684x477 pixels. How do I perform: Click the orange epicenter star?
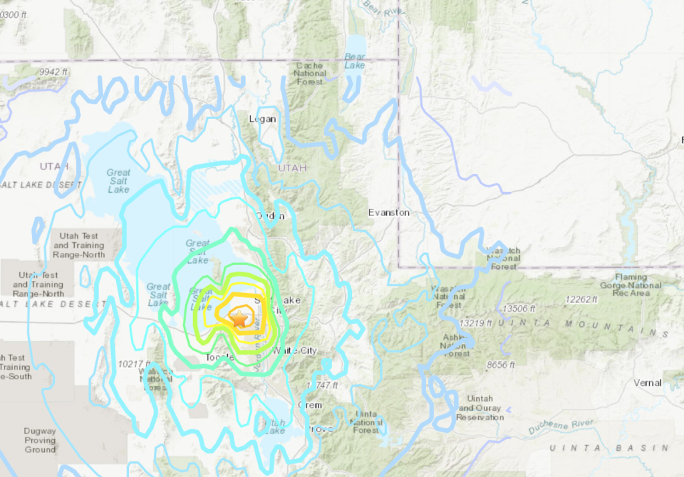pos(239,318)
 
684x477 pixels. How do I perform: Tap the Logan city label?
pos(262,119)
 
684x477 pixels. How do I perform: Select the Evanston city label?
pos(389,212)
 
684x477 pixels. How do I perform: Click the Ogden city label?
pos(271,215)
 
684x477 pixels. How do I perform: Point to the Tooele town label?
pos(219,358)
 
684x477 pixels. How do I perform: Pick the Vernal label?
pos(647,383)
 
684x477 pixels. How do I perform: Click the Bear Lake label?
pos(355,61)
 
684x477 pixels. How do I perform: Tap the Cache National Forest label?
pos(309,74)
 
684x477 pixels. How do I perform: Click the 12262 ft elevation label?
pos(580,299)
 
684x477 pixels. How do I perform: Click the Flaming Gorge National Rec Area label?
pos(631,285)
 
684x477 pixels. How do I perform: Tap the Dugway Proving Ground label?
pos(40,440)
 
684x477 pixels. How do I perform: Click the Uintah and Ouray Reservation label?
pos(480,408)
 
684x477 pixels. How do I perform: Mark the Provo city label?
pos(321,428)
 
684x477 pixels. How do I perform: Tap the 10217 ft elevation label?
pos(136,363)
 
